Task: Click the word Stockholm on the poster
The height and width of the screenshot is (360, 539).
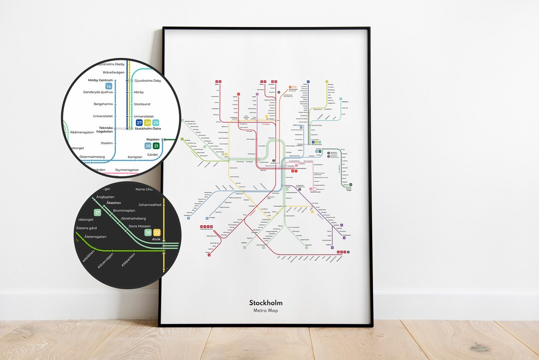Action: point(266,303)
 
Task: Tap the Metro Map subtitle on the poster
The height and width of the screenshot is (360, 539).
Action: point(266,311)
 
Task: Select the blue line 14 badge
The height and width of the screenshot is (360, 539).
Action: point(108,86)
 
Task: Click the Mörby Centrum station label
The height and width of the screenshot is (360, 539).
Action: point(100,80)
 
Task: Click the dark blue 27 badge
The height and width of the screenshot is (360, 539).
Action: point(139,123)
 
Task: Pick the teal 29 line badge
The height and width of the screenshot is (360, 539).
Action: point(156,123)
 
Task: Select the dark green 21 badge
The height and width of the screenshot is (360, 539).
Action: point(156,146)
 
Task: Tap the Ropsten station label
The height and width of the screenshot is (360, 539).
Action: point(152,140)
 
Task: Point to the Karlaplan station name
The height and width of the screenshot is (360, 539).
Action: point(135,157)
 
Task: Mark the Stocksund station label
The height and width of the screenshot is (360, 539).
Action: point(142,104)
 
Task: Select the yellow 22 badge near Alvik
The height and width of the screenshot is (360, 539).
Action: point(157,233)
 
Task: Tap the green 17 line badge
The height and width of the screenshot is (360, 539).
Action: point(98,213)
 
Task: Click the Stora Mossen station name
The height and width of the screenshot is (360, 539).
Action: point(140,226)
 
